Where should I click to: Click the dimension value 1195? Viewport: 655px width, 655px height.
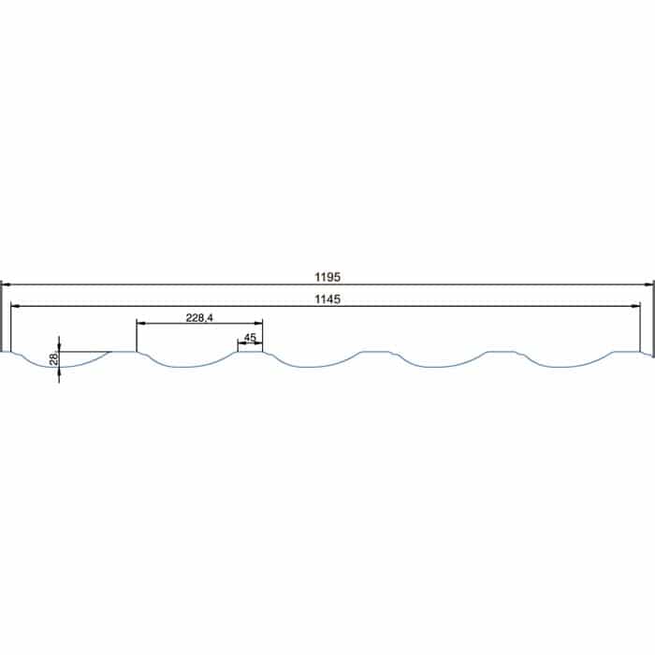pyautogui.click(x=327, y=277)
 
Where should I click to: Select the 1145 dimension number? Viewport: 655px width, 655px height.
pyautogui.click(x=327, y=299)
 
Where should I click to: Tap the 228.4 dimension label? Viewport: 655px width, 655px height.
pyautogui.click(x=199, y=318)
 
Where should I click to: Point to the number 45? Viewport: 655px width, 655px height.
pyautogui.click(x=250, y=337)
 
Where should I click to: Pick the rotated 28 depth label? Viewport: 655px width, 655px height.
pyautogui.click(x=54, y=358)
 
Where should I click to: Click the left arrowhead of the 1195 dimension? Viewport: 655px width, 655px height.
pyautogui.click(x=6, y=284)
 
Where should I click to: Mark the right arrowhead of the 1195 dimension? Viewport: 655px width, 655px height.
pyautogui.click(x=648, y=284)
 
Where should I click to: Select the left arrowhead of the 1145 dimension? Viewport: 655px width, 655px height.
pyautogui.click(x=15, y=306)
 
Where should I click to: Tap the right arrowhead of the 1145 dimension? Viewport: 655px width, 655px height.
pyautogui.click(x=635, y=306)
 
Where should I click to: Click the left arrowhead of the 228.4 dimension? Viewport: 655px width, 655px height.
pyautogui.click(x=141, y=323)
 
